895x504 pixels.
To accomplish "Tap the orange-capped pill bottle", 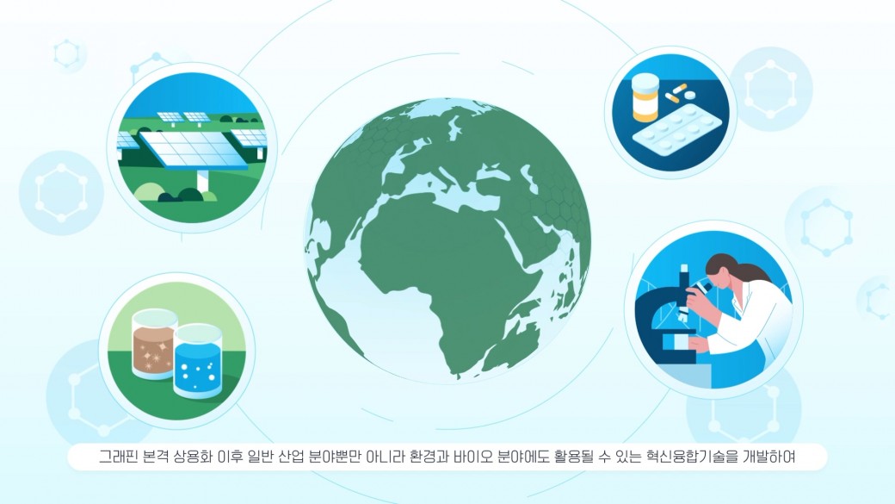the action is pyautogui.click(x=645, y=97).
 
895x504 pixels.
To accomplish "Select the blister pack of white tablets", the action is pyautogui.click(x=676, y=132).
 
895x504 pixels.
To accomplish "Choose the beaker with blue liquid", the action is pyautogui.click(x=197, y=361).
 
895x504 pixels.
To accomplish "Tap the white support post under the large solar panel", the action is pyautogui.click(x=202, y=180).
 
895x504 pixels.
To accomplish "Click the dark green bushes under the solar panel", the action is pyautogui.click(x=179, y=195).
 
